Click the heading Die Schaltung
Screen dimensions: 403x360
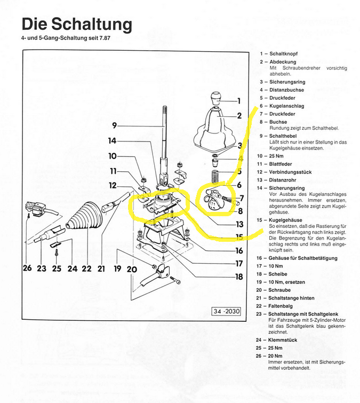[x=76, y=24]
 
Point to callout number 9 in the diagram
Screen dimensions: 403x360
[x=114, y=125]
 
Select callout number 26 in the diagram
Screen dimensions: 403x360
[x=27, y=268]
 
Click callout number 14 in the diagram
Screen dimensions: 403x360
[x=111, y=141]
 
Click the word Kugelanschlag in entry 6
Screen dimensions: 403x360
[x=289, y=106]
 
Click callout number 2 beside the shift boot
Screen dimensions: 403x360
[x=239, y=115]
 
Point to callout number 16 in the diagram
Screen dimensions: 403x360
[x=239, y=250]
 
